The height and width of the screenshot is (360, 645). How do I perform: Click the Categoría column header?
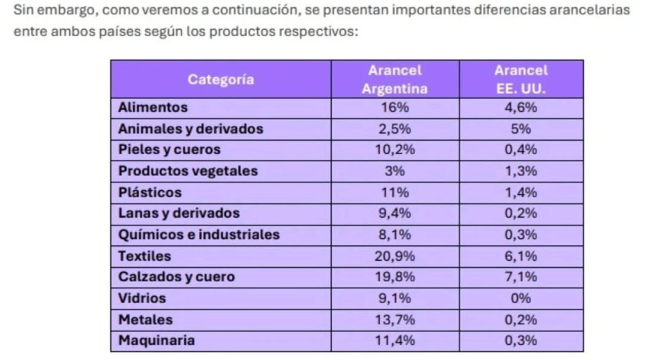pyautogui.click(x=220, y=79)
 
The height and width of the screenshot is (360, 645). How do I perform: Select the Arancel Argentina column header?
pyautogui.click(x=395, y=79)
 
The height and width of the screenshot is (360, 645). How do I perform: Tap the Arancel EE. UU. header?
pyautogui.click(x=520, y=79)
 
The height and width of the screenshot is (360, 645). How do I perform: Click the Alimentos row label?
pyautogui.click(x=153, y=108)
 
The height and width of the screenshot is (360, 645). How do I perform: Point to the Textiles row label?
pyautogui.click(x=145, y=256)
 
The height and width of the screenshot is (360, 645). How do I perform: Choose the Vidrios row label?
pyautogui.click(x=142, y=298)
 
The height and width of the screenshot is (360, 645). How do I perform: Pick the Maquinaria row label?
pyautogui.click(x=157, y=340)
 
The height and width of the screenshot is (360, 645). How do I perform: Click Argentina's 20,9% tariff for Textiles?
pyautogui.click(x=395, y=256)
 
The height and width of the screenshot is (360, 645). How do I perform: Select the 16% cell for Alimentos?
pyautogui.click(x=395, y=108)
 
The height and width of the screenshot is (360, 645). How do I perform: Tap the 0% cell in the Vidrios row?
pyautogui.click(x=520, y=298)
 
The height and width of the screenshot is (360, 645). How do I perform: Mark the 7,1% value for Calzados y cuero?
pyautogui.click(x=520, y=277)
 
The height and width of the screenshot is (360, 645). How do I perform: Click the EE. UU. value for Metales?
pyautogui.click(x=520, y=319)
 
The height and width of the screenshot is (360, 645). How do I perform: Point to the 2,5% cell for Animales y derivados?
pyautogui.click(x=395, y=129)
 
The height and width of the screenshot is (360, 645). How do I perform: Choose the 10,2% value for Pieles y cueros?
pyautogui.click(x=395, y=150)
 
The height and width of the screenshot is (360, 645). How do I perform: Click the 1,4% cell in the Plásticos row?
pyautogui.click(x=520, y=192)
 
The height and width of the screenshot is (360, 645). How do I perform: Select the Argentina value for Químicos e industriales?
pyautogui.click(x=395, y=234)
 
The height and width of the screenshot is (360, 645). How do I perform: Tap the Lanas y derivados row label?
pyautogui.click(x=179, y=213)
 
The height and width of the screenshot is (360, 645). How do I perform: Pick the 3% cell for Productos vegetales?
pyautogui.click(x=395, y=171)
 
